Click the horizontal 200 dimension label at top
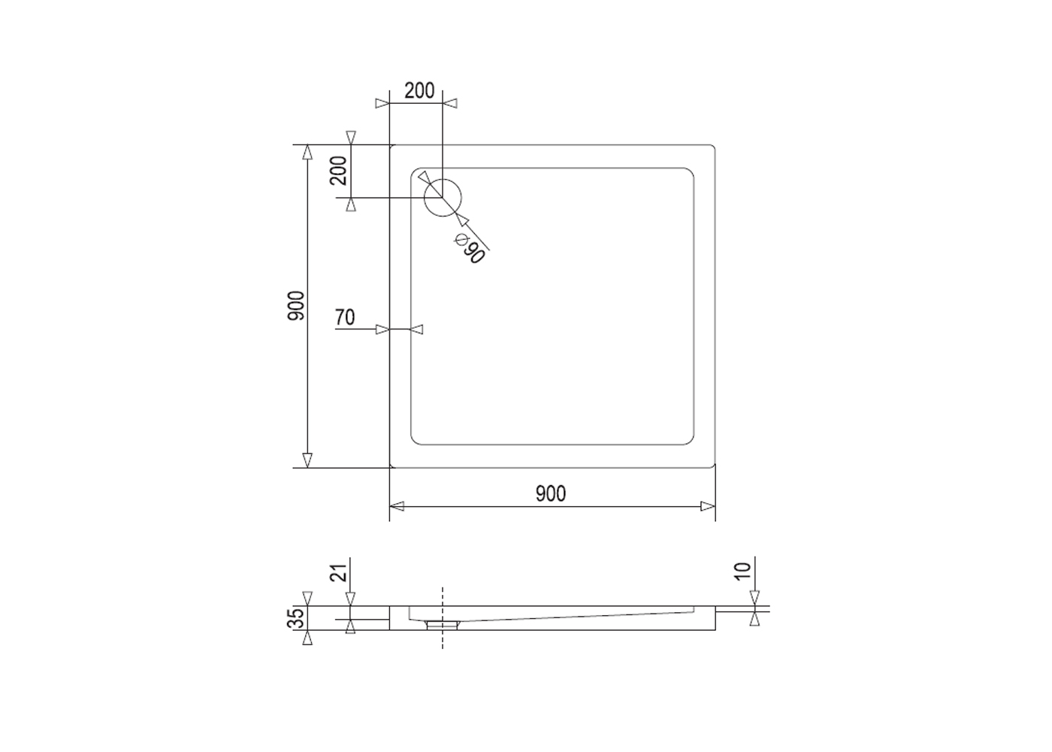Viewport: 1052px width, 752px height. pos(419,91)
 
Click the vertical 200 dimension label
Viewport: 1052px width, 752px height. pos(339,171)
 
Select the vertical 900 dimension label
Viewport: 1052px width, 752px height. pos(296,306)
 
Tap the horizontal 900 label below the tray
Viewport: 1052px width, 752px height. pos(551,493)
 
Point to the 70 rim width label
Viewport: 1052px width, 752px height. pos(345,317)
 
